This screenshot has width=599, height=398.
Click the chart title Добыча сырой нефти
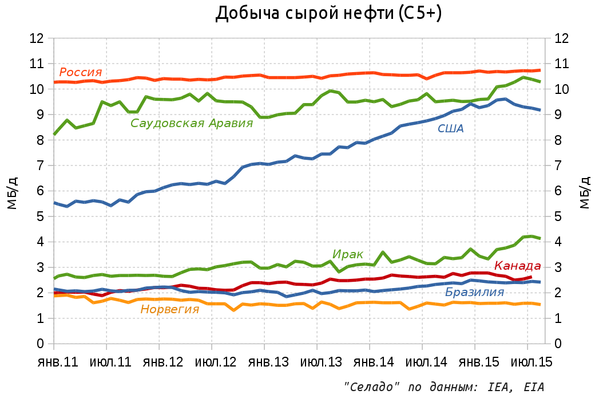(x=328, y=14)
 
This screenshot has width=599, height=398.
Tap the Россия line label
(x=81, y=72)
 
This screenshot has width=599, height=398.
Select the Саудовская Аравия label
(x=192, y=123)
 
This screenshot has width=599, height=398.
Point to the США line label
(x=450, y=128)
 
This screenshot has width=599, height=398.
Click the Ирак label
(x=348, y=254)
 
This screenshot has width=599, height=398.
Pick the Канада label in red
(x=517, y=266)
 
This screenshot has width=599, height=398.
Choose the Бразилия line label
(x=474, y=293)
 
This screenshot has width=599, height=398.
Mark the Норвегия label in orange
(x=170, y=309)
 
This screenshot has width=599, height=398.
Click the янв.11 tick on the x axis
(x=54, y=364)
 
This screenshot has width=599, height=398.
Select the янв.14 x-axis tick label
(x=370, y=364)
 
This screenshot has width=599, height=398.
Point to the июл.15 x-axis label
(x=527, y=364)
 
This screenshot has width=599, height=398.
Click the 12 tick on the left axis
(x=37, y=38)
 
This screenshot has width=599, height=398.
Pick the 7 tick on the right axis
(x=561, y=165)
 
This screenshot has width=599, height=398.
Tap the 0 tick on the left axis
(x=41, y=344)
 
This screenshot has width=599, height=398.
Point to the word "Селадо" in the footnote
(x=367, y=387)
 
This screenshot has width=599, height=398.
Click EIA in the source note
(x=534, y=387)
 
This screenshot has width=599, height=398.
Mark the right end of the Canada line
(x=530, y=277)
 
